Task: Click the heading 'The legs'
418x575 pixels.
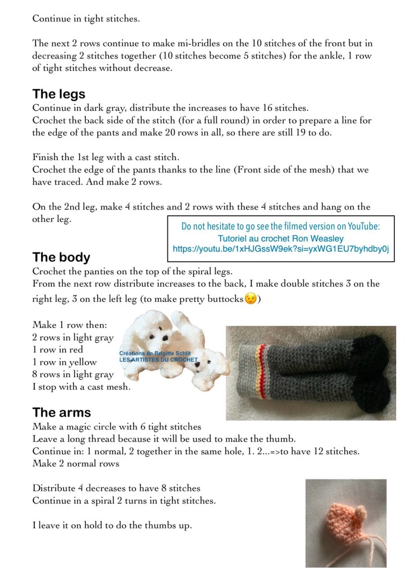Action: [x=59, y=94]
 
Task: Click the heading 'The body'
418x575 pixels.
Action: [x=61, y=257]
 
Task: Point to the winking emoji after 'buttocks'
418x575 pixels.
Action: [x=251, y=298]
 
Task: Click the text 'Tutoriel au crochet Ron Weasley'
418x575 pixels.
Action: [x=281, y=238]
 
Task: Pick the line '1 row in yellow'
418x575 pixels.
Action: [x=65, y=362]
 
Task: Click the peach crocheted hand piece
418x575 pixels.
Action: [x=337, y=514]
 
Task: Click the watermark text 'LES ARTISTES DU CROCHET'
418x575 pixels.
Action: [x=158, y=360]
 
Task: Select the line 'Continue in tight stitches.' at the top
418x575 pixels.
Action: [x=86, y=19]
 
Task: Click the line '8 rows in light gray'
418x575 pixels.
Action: [x=73, y=374]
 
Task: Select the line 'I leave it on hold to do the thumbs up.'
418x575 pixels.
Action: [x=112, y=526]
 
